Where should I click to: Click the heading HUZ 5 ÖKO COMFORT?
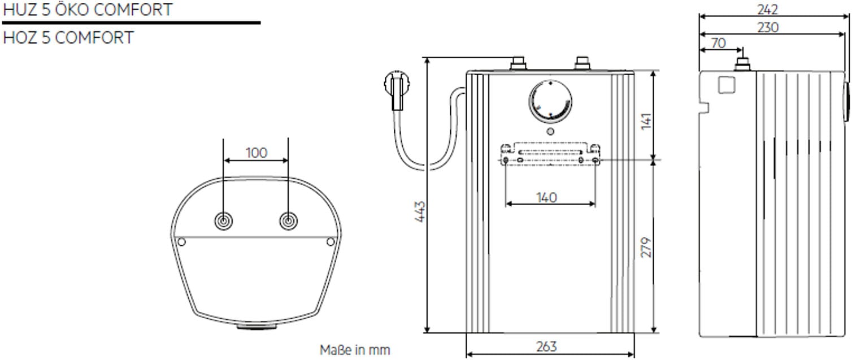(87, 10)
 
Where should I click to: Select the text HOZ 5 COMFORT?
(68, 38)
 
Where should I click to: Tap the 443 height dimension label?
(420, 211)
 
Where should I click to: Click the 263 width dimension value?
(547, 346)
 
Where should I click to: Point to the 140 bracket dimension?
(547, 197)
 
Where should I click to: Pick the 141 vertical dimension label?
(646, 121)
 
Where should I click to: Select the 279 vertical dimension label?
(646, 247)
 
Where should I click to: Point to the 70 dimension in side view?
(718, 43)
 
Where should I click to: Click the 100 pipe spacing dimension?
(257, 153)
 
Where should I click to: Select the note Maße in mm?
(355, 350)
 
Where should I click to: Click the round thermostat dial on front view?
(550, 102)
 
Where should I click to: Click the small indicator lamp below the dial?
(550, 132)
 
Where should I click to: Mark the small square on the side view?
(726, 85)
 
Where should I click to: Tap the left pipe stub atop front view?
(518, 63)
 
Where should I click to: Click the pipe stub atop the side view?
(743, 64)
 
